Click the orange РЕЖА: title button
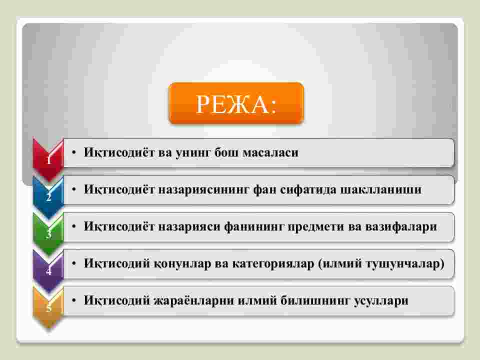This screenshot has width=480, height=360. pos(236,103)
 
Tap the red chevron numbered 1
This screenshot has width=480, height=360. pos(48,159)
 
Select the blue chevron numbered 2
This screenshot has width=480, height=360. pos(48,196)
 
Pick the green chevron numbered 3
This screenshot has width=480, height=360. pos(48,233)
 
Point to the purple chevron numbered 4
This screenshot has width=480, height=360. pos(48,270)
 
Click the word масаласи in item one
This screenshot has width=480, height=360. pos(270,152)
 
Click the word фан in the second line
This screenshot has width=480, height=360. pos(264,190)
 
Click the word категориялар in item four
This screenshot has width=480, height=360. pos(273,263)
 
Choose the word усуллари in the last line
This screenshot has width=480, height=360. pos(381,301)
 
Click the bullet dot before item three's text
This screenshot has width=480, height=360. pos(74,226)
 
